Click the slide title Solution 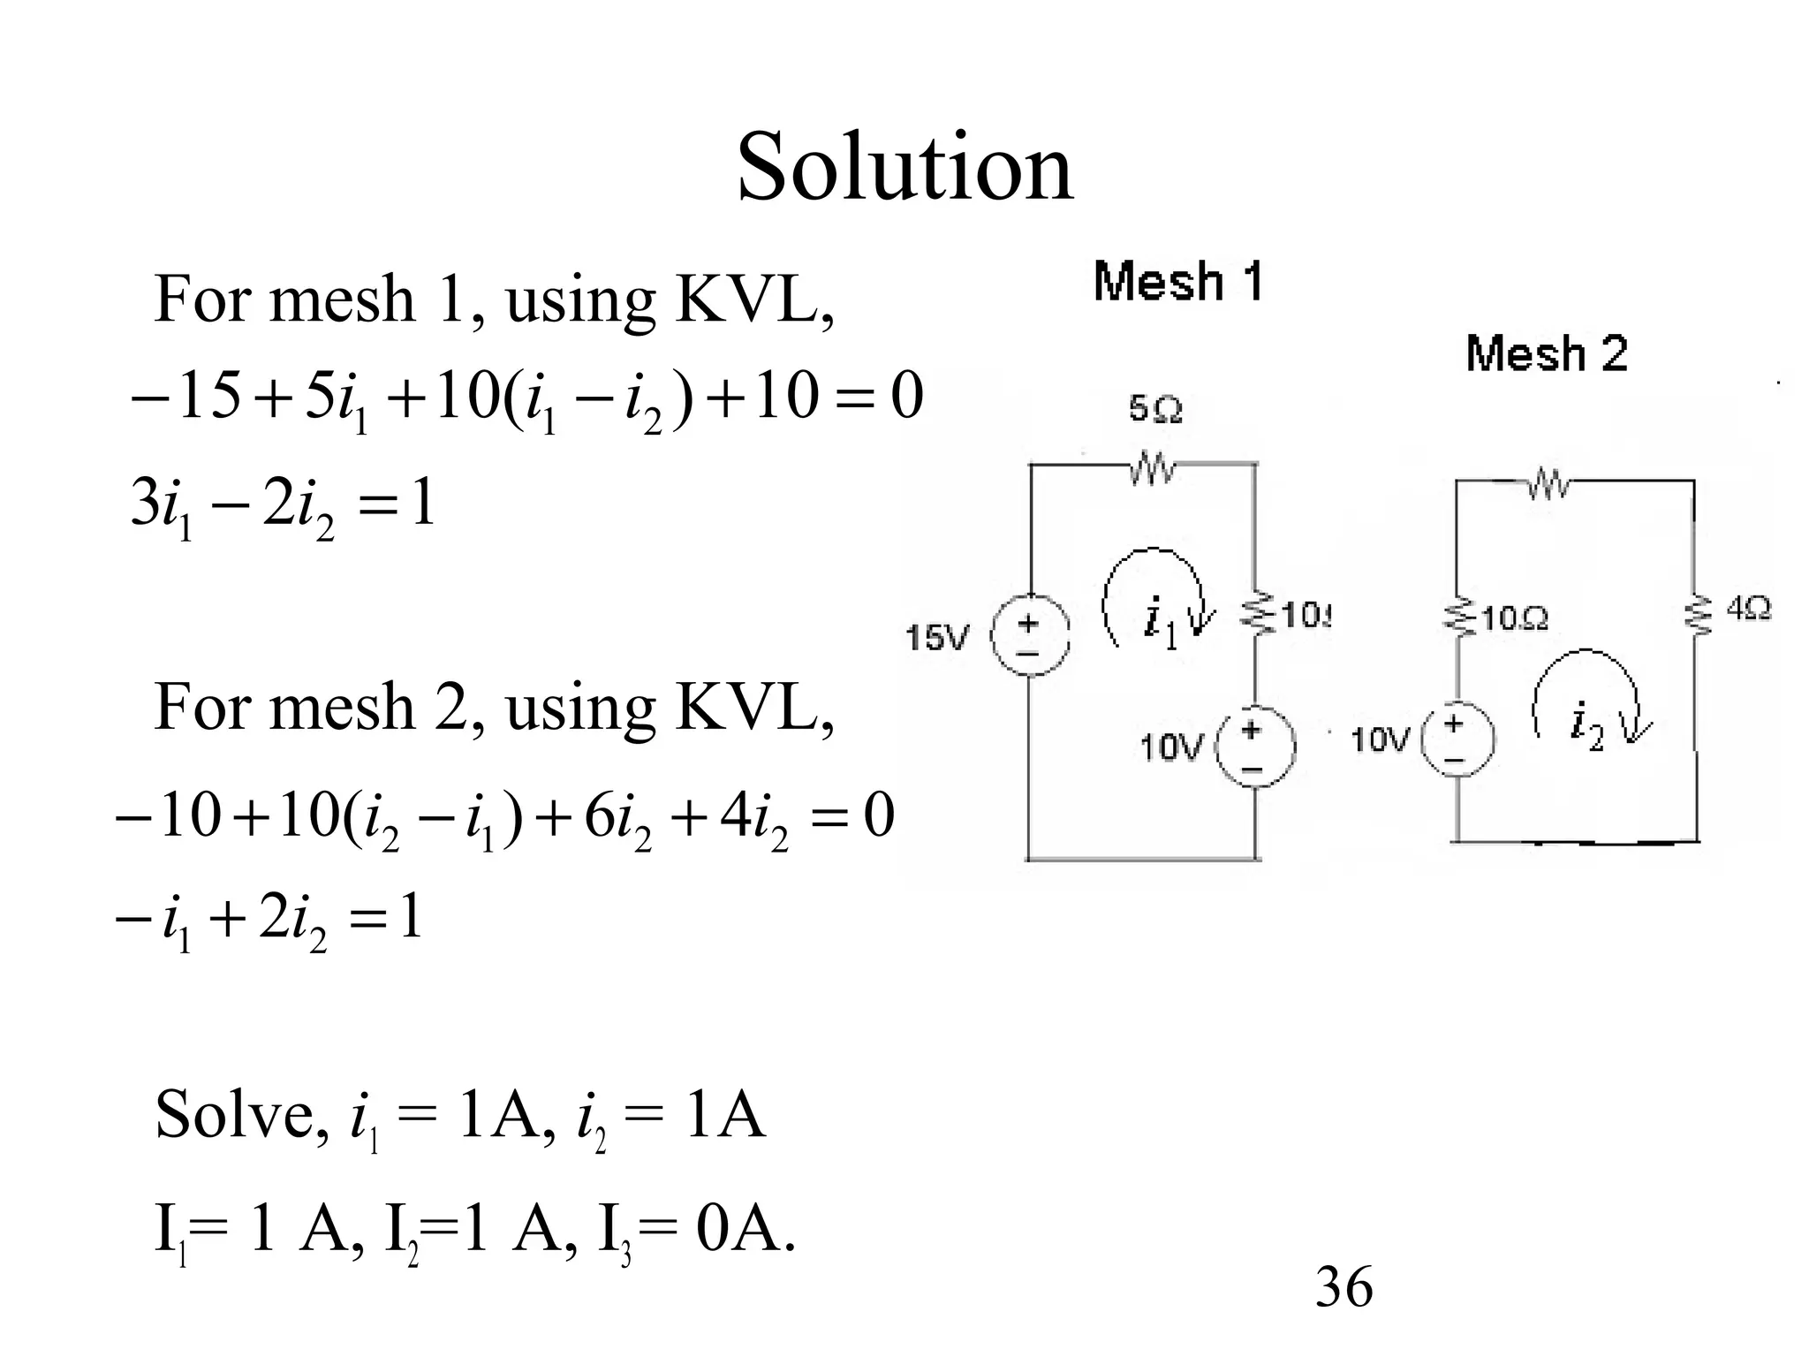click(904, 166)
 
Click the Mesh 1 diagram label click(1178, 283)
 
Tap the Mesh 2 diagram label click(1546, 353)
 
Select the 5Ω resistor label click(1155, 410)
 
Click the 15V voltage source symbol click(1031, 637)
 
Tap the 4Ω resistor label click(1748, 610)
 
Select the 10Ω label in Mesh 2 click(1514, 618)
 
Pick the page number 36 click(1344, 1287)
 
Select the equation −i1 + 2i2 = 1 click(269, 920)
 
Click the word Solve click(234, 1116)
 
